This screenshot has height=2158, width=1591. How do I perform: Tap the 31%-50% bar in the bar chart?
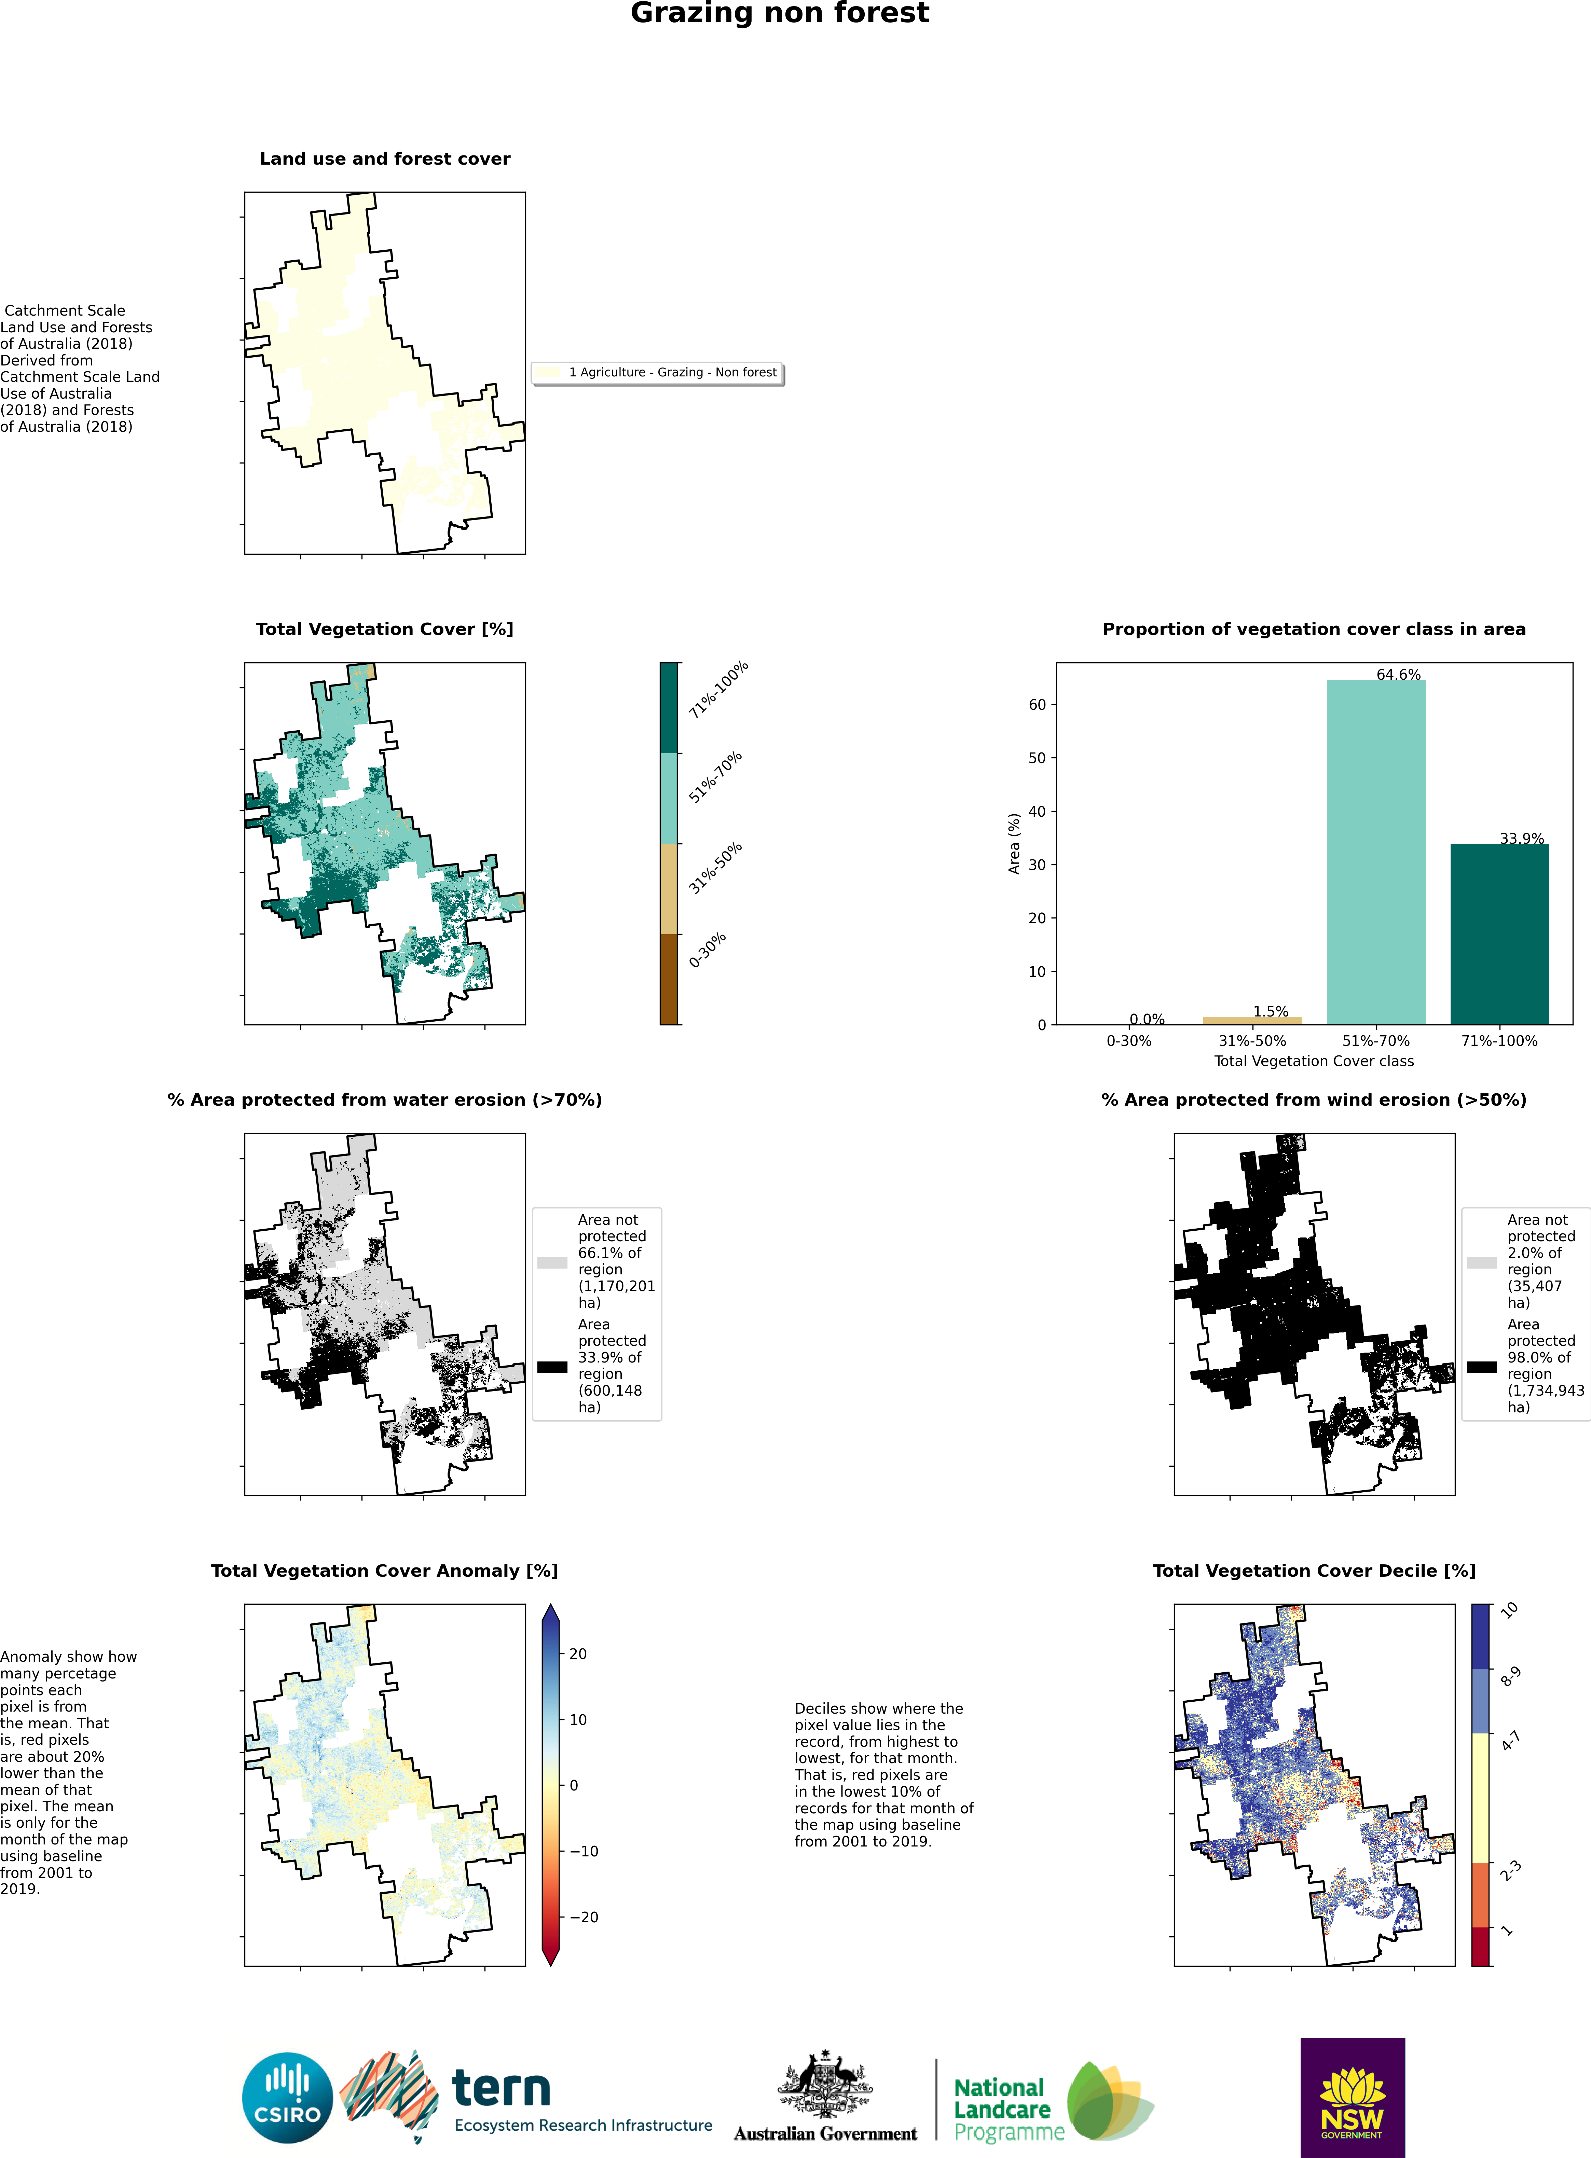tap(1252, 1020)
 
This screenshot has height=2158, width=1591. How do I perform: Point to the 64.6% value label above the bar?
tap(1398, 674)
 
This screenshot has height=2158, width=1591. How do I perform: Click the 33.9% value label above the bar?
tap(1522, 838)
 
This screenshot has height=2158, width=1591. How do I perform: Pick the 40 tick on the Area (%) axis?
tap(1037, 811)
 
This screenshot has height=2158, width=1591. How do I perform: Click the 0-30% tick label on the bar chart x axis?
tap(1129, 1041)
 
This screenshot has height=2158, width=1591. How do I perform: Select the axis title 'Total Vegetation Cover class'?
tap(1314, 1061)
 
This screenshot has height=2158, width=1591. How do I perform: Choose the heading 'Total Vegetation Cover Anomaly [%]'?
tap(384, 1571)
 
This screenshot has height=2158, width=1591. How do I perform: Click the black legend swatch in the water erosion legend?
tap(552, 1367)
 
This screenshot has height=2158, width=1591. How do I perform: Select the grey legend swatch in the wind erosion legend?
tap(1481, 1262)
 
